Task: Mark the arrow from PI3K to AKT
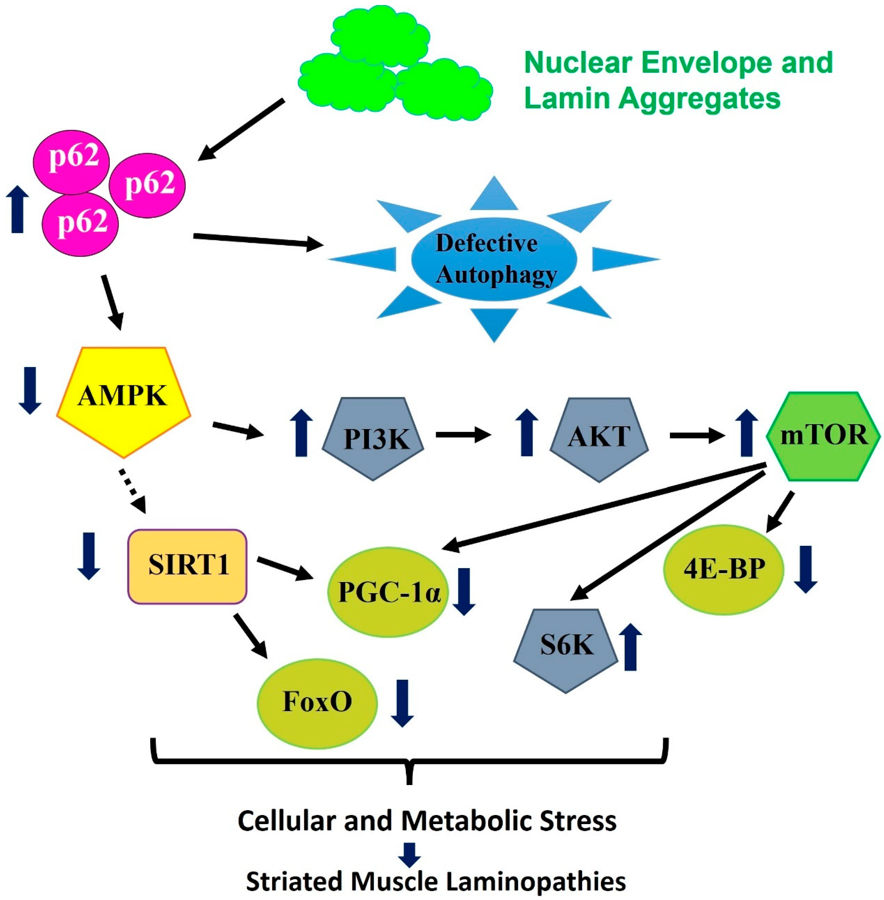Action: pyautogui.click(x=463, y=435)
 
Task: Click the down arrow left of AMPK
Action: pyautogui.click(x=30, y=390)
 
